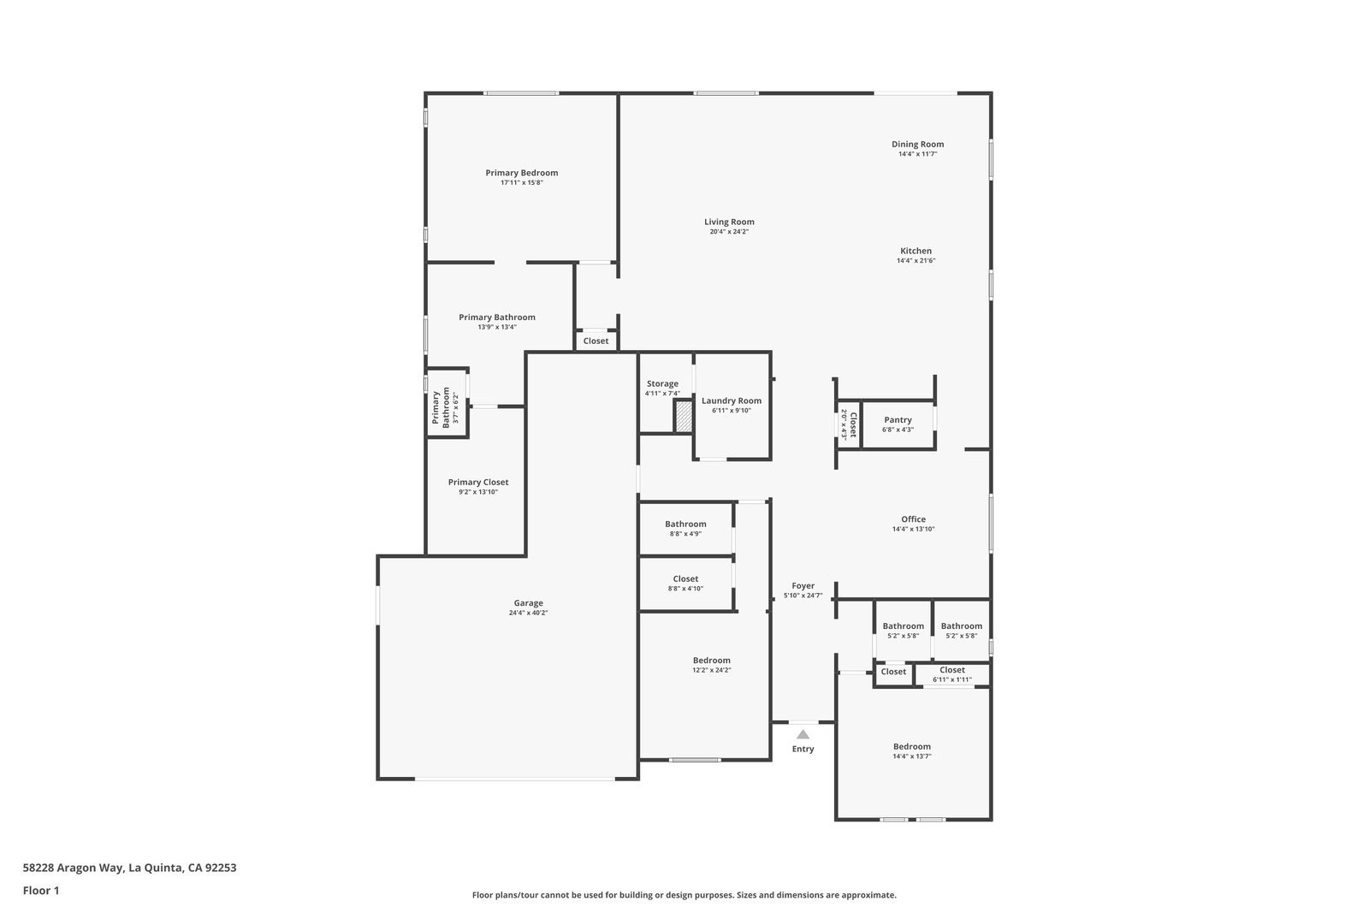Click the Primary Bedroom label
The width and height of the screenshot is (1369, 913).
tap(521, 173)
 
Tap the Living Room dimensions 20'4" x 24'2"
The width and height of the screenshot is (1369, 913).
tap(729, 232)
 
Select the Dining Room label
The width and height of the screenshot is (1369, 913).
tap(917, 145)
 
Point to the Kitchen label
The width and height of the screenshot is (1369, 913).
tap(916, 251)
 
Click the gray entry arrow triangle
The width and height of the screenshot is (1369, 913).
tap(803, 734)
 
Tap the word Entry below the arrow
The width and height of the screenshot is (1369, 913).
tap(803, 750)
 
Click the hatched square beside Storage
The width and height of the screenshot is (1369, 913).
tap(684, 417)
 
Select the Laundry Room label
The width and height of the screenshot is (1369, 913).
tap(732, 401)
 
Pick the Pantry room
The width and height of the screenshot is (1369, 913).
tap(898, 424)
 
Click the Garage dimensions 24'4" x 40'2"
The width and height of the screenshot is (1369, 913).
tap(528, 613)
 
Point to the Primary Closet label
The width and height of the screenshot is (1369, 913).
tap(478, 482)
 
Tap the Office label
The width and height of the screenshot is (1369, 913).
tap(913, 519)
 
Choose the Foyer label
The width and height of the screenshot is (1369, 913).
tap(803, 586)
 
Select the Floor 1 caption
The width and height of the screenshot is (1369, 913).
tap(41, 891)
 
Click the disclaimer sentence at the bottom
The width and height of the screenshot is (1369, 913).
tap(684, 895)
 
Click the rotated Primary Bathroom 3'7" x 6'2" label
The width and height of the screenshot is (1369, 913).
tap(445, 407)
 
